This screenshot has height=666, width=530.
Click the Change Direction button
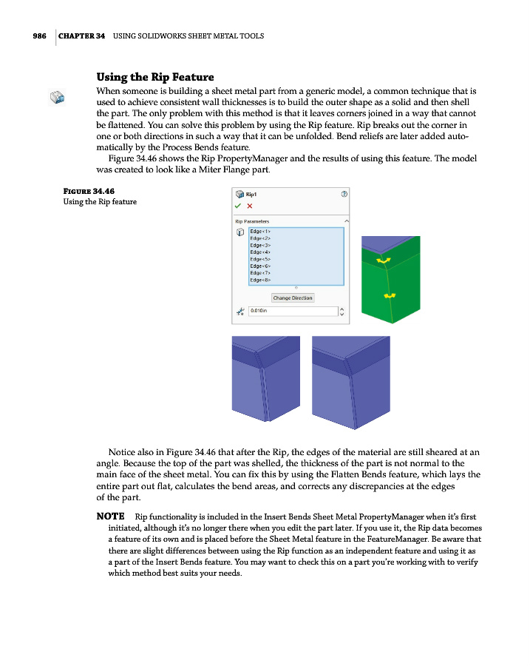click(293, 297)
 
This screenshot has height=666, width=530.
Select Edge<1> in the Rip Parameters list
click(261, 232)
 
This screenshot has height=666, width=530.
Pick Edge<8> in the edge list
click(261, 280)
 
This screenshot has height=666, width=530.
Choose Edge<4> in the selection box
click(261, 252)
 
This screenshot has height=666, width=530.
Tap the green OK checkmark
click(237, 206)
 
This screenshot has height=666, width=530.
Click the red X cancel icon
click(249, 206)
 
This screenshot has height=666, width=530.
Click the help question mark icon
click(344, 194)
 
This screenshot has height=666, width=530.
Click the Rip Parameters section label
click(252, 221)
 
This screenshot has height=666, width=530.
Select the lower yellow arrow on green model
click(390, 295)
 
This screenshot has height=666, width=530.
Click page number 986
click(40, 36)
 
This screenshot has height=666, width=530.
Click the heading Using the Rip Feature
click(155, 77)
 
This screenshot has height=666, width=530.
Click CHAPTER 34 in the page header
click(81, 36)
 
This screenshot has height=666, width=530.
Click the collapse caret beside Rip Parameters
click(347, 221)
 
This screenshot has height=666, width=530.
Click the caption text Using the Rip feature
click(100, 202)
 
